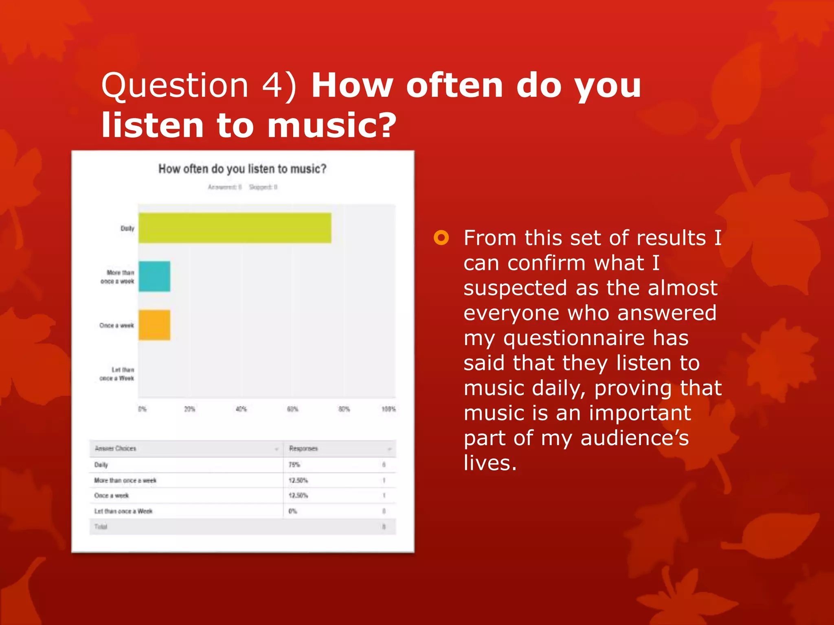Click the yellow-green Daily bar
235,228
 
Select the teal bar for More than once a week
154,276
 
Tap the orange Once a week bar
154,325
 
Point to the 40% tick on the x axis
241,409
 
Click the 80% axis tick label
344,409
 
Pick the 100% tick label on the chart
388,409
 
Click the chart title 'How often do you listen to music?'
242,168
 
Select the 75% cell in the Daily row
294,464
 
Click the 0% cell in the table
293,511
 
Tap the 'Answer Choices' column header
115,448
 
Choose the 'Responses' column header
303,448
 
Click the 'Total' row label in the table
101,527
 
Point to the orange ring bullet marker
441,238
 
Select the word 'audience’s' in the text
634,438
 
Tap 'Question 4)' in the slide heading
199,85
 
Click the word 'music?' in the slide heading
331,125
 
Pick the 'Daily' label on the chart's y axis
127,228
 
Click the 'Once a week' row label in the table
112,495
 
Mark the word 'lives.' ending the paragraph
490,463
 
